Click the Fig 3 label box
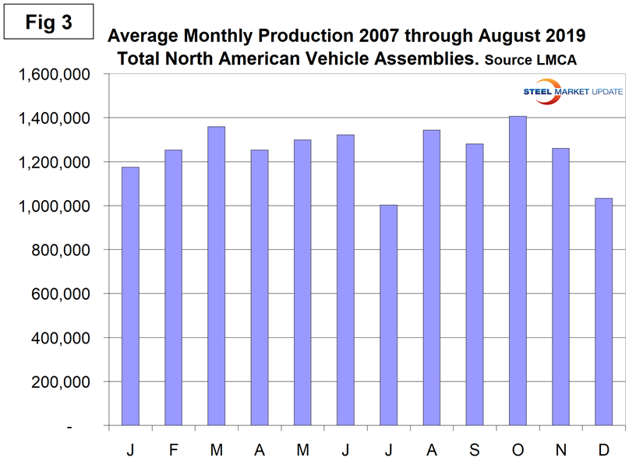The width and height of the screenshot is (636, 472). (48, 23)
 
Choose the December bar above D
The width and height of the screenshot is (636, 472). (604, 312)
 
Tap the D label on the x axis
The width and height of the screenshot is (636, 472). (604, 449)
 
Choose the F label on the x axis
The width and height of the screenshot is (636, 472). (174, 449)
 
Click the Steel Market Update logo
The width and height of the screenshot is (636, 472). (572, 92)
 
